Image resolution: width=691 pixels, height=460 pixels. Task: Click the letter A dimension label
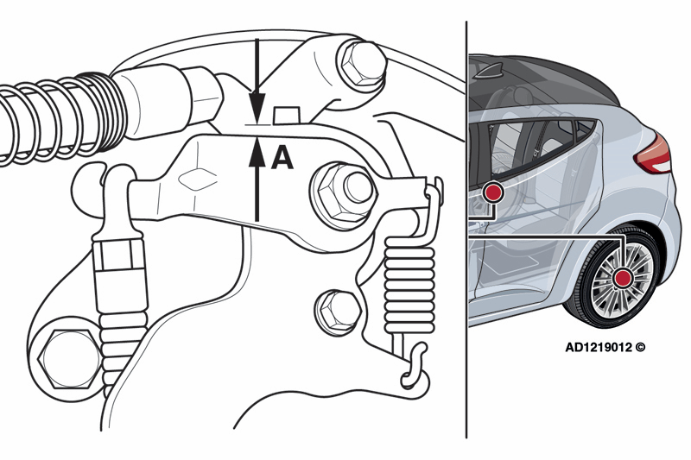coord(282,159)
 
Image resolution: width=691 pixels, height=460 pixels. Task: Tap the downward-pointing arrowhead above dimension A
coord(257,106)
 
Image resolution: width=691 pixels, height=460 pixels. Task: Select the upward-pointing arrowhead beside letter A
coord(257,152)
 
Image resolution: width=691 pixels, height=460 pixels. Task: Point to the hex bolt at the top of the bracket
coord(361,65)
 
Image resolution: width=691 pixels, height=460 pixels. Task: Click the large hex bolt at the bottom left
coord(72,359)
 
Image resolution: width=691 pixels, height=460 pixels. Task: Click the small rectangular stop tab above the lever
coord(287,116)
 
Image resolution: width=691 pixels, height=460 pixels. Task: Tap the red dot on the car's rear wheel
coord(624,278)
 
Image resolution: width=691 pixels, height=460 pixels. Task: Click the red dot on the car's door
coord(492,192)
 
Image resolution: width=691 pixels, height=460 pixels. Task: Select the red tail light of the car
coord(654,154)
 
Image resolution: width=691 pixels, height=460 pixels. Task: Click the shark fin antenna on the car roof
coord(490,72)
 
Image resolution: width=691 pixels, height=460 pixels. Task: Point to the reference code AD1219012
coord(599,347)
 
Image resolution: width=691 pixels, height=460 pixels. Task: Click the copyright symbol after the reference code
coord(640,347)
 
